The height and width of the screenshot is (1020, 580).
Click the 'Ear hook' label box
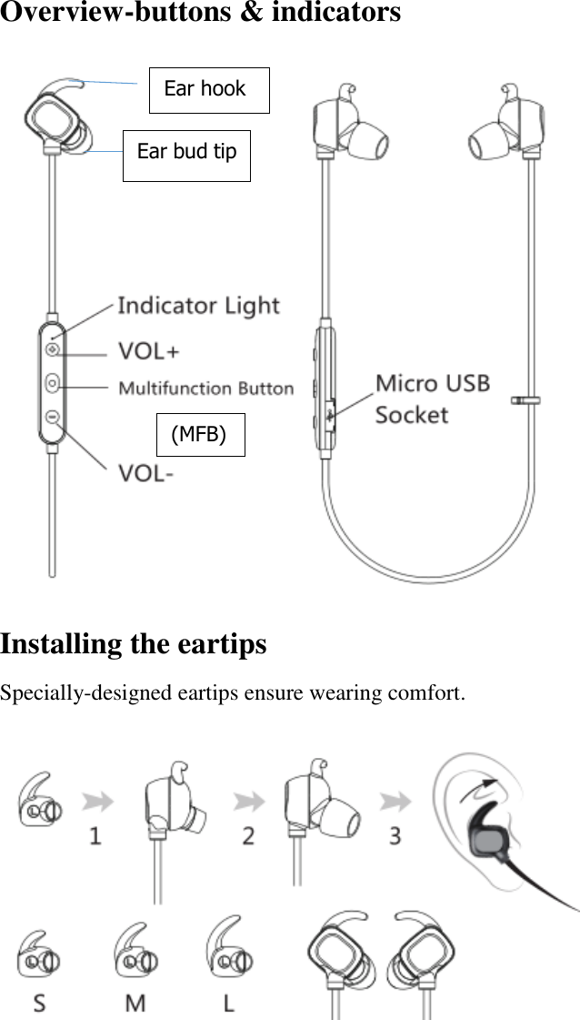(209, 89)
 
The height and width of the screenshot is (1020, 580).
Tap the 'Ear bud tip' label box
(186, 152)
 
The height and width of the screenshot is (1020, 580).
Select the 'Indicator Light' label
(198, 306)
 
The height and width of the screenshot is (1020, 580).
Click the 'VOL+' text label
(149, 350)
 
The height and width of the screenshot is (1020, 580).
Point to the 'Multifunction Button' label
(206, 389)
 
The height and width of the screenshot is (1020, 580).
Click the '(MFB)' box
(200, 434)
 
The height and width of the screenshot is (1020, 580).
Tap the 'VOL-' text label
(145, 473)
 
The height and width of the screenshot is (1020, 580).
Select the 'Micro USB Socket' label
(432, 399)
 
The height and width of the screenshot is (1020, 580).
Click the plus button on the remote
(53, 349)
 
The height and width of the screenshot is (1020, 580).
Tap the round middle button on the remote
(53, 383)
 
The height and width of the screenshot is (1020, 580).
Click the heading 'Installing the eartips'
(134, 644)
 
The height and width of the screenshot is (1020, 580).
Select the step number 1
(95, 834)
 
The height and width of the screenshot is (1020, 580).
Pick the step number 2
(247, 834)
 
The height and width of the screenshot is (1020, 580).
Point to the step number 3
(395, 834)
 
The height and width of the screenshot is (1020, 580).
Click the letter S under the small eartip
(40, 1003)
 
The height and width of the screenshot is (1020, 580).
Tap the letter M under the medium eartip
(135, 1003)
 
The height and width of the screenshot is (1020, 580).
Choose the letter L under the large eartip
(229, 1003)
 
